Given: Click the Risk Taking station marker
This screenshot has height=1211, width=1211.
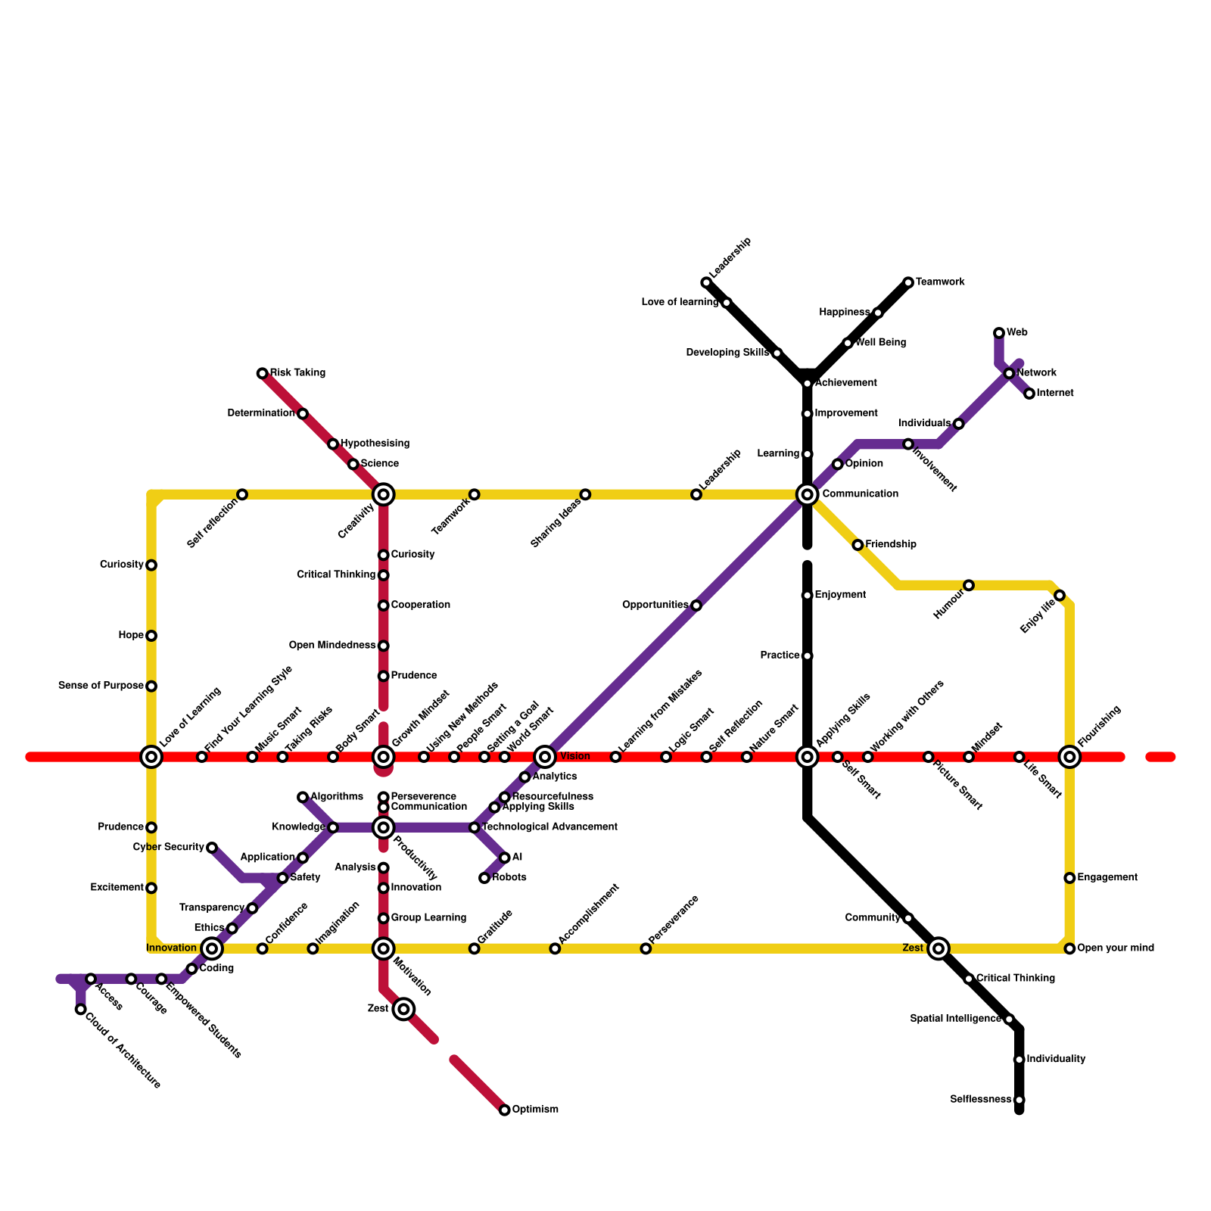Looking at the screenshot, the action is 262,373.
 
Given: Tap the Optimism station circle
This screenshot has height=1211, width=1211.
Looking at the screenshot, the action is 505,1110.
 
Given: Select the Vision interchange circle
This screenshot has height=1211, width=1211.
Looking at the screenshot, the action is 545,757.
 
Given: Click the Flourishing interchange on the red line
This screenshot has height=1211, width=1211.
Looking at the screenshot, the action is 1069,757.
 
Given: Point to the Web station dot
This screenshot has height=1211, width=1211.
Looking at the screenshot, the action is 999,333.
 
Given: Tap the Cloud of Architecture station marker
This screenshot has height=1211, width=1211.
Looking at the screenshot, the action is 81,1009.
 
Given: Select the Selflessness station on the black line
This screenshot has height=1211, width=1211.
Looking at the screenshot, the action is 1020,1100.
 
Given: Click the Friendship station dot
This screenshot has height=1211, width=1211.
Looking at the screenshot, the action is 858,545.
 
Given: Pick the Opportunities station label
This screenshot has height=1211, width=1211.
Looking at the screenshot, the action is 655,605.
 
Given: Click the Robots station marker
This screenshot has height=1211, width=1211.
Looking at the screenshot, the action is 484,878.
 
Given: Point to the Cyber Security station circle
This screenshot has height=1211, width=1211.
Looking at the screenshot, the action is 212,848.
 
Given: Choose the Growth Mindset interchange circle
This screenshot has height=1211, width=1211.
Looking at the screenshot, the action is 384,757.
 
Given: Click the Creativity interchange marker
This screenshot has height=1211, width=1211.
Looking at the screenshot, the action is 384,494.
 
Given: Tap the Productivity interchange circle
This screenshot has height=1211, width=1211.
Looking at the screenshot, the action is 384,827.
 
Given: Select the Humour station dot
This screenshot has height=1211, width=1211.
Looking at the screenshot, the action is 969,585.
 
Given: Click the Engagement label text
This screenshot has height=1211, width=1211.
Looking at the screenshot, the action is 1107,878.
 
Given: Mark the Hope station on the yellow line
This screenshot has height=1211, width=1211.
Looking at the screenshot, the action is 151,636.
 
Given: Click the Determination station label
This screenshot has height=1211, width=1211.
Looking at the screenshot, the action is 261,413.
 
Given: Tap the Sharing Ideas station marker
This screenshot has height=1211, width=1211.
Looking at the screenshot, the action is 585,494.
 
